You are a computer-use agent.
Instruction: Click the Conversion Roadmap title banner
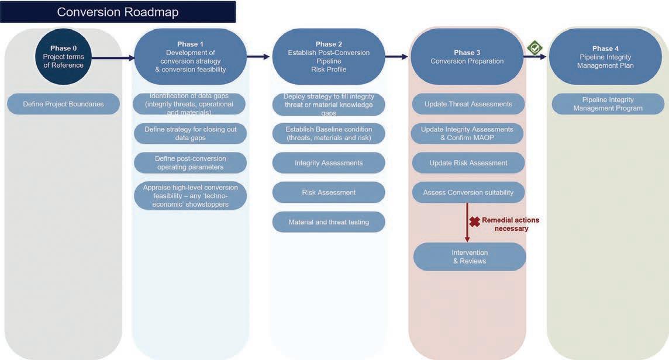[x=118, y=12]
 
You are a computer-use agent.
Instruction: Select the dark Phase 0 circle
[x=63, y=57]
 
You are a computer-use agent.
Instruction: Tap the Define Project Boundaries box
[x=63, y=104]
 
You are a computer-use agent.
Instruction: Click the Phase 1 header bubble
[x=190, y=57]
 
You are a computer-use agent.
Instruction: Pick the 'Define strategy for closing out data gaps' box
[x=190, y=133]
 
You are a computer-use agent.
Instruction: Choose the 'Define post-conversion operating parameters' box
[x=190, y=163]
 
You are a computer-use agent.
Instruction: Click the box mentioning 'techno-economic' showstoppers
[x=190, y=196]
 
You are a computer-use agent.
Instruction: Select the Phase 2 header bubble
[x=329, y=57]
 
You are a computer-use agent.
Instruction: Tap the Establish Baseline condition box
[x=329, y=133]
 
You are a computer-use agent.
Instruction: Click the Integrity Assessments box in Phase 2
[x=329, y=163]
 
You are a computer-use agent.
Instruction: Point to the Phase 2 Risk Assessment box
[x=329, y=192]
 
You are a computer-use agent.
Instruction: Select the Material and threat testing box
[x=329, y=222]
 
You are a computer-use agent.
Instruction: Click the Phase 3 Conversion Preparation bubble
[x=467, y=57]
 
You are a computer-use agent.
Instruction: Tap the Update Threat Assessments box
[x=468, y=104]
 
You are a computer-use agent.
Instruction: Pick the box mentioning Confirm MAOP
[x=467, y=133]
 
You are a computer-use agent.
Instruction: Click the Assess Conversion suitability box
[x=468, y=192]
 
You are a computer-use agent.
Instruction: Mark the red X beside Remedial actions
[x=475, y=221]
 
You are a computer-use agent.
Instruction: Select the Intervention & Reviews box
[x=470, y=257]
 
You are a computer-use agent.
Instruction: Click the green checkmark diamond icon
[x=534, y=48]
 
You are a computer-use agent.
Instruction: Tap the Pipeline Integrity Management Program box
[x=608, y=104]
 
